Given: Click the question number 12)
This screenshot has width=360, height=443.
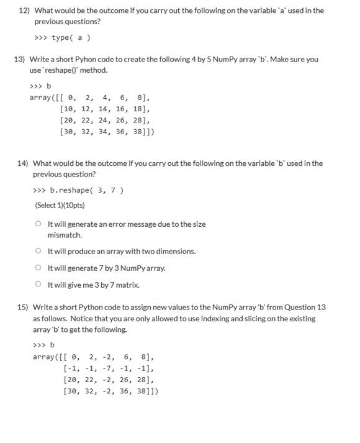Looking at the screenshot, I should pyautogui.click(x=24, y=11).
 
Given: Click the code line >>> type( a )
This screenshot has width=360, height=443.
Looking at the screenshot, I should pyautogui.click(x=63, y=38).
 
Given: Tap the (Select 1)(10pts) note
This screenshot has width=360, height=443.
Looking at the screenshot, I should pyautogui.click(x=60, y=205).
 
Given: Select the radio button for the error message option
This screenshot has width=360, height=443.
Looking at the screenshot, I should pyautogui.click(x=38, y=224).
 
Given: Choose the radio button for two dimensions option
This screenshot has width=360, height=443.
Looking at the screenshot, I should pyautogui.click(x=38, y=251).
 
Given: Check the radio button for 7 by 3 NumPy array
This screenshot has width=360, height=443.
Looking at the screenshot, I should pyautogui.click(x=38, y=268).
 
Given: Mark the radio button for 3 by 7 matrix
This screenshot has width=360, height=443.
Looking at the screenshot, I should pyautogui.click(x=38, y=285).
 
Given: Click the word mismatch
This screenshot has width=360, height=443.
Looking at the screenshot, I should pyautogui.click(x=65, y=235).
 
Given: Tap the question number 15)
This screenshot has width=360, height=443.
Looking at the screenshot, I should pyautogui.click(x=22, y=308).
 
